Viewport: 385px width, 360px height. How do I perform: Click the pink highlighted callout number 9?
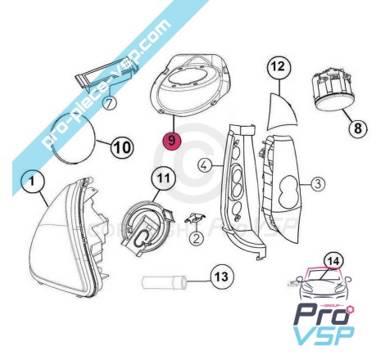[171, 141]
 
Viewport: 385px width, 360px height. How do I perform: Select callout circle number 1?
[32, 181]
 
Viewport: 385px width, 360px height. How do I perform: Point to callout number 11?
[164, 178]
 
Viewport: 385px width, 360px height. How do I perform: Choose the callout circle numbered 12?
[279, 66]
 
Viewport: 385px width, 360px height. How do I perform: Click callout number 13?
[222, 277]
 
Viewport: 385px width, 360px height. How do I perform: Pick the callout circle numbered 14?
[333, 262]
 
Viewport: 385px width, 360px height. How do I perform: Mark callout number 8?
[358, 128]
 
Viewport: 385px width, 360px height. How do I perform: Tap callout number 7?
[109, 103]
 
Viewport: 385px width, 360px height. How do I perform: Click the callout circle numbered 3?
[318, 184]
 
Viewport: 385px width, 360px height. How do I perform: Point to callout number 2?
[197, 239]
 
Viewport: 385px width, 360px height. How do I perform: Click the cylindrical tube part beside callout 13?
[164, 282]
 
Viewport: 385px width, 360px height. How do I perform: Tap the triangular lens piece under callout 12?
[281, 112]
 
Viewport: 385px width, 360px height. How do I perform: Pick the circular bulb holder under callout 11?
[147, 227]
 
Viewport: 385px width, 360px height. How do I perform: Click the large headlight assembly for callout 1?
[67, 236]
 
